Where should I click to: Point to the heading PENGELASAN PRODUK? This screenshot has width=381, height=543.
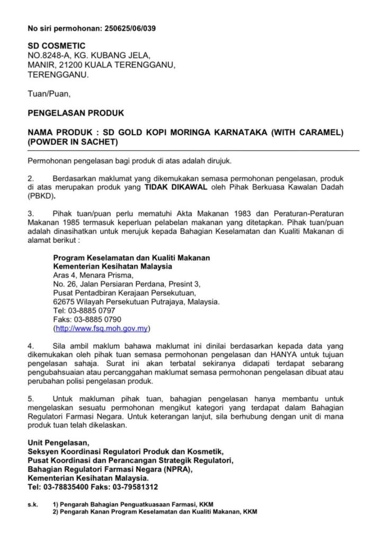pyautogui.click(x=75, y=113)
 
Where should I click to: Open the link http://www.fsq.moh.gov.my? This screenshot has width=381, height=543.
pyautogui.click(x=101, y=328)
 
